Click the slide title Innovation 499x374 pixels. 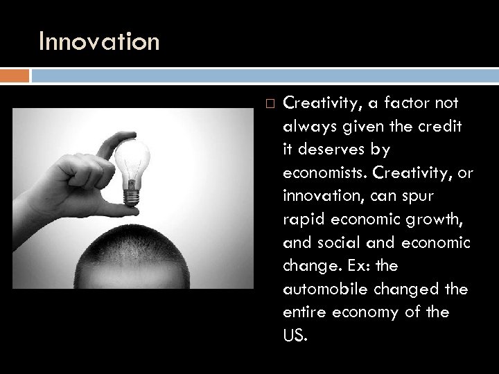pyautogui.click(x=99, y=42)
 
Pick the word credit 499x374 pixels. pyautogui.click(x=446, y=125)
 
